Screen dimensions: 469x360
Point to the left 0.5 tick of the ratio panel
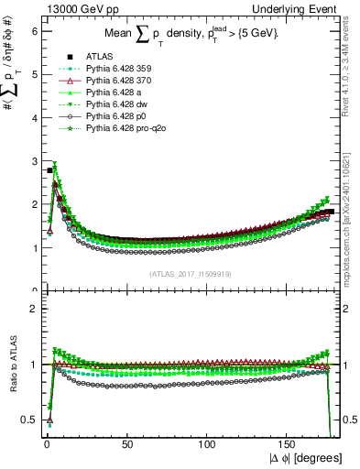(29, 420)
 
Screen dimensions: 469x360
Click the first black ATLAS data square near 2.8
(49, 170)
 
